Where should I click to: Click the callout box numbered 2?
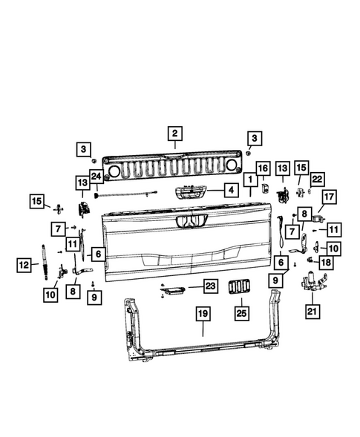pos(174,134)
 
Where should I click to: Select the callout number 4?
pos(232,191)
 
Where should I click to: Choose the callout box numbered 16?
pos(263,169)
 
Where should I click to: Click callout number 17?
pos(329,198)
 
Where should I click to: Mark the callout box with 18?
pos(327,262)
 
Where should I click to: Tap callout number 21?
pos(312,311)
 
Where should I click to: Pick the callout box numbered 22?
pos(318,179)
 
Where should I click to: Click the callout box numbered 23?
pos(209,286)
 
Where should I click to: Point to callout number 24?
pos(95,176)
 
